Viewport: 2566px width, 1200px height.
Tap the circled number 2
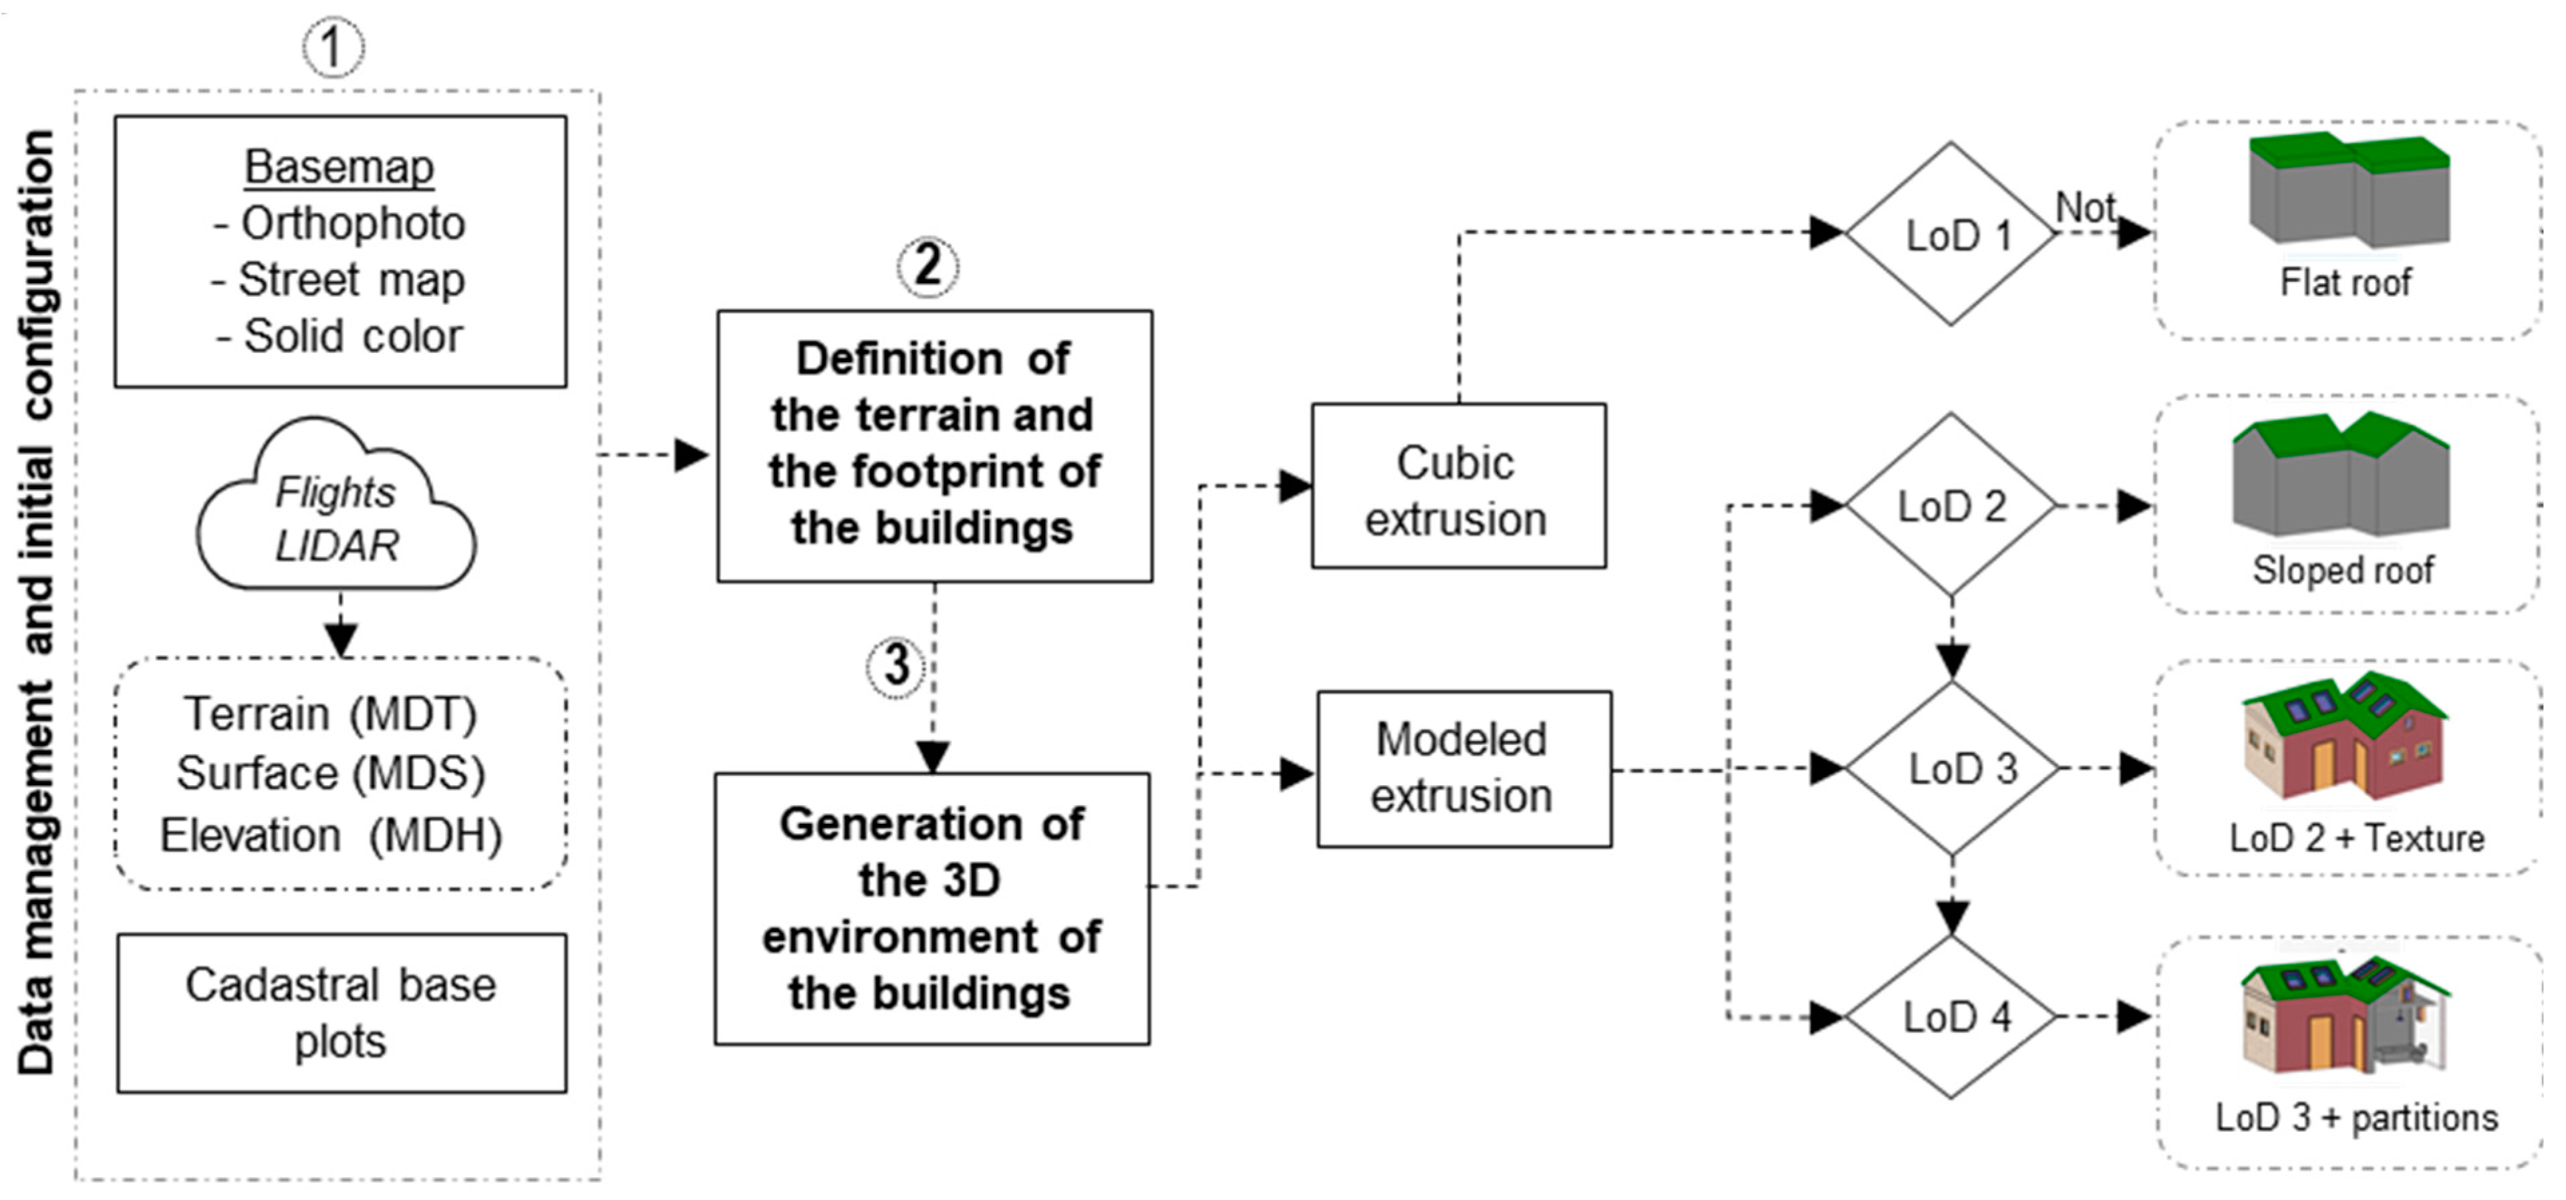(928, 266)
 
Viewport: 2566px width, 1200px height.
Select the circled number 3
(895, 665)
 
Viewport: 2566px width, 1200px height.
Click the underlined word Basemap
(339, 166)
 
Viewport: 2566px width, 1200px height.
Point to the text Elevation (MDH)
(331, 835)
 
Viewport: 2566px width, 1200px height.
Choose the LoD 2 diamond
(1951, 506)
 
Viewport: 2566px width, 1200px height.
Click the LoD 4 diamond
(1951, 1017)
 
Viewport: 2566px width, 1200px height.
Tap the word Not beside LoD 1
(2086, 208)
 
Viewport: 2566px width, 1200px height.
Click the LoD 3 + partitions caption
(2356, 1117)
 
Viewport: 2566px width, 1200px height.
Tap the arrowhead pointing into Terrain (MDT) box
(341, 639)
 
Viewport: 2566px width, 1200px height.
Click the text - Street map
(339, 280)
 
